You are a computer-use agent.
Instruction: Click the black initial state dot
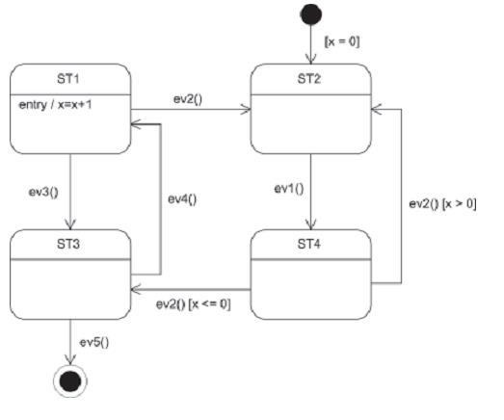[311, 14]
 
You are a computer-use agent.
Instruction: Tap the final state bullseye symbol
[70, 381]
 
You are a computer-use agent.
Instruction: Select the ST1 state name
[68, 78]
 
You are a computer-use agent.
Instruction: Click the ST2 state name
[309, 78]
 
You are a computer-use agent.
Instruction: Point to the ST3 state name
[68, 244]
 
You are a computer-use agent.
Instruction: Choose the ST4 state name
[309, 244]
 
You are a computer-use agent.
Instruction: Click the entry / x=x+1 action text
[55, 105]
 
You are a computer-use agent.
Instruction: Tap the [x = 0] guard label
[342, 41]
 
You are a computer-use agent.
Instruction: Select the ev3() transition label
[43, 192]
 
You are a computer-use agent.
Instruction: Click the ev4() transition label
[182, 199]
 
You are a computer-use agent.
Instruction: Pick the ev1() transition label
[289, 188]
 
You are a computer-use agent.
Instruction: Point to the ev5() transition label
[94, 342]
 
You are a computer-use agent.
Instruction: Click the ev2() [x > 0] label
[442, 203]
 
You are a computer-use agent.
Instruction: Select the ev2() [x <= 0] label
[193, 304]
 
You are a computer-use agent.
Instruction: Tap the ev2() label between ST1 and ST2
[188, 99]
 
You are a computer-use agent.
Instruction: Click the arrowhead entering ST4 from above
[311, 225]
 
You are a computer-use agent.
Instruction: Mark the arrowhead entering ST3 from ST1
[70, 225]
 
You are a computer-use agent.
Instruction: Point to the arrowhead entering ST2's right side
[376, 109]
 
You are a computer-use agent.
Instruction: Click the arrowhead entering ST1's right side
[136, 124]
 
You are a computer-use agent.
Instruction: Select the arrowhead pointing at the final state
[70, 359]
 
